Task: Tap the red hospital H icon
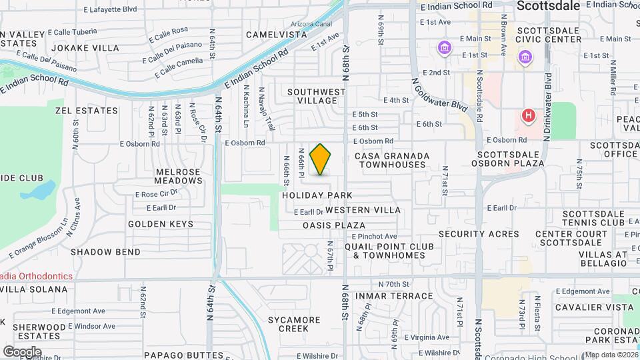click(x=529, y=116)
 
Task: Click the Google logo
click(x=22, y=351)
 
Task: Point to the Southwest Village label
click(x=317, y=96)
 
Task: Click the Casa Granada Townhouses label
click(x=391, y=160)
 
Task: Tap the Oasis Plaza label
click(x=334, y=225)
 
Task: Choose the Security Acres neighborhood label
click(x=479, y=234)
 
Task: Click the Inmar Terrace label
click(x=385, y=295)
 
